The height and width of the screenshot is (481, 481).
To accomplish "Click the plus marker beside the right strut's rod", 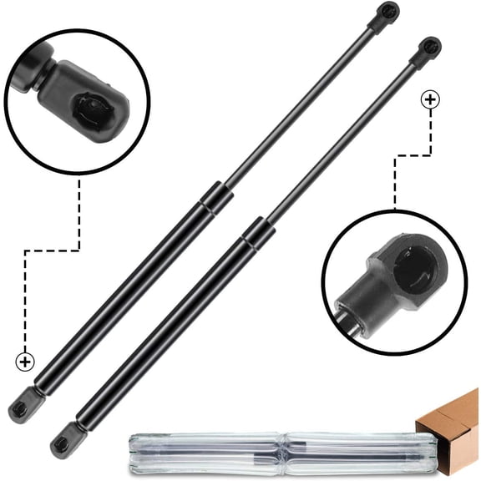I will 430,100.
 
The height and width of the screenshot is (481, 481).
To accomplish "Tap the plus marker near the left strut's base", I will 25,362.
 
